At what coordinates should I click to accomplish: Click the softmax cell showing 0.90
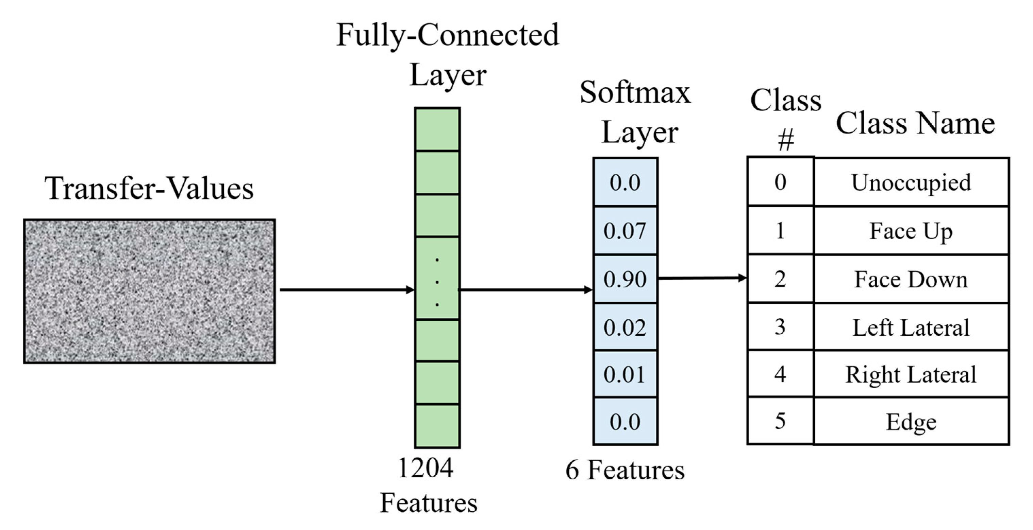pyautogui.click(x=625, y=279)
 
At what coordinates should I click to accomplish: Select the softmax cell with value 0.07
pyautogui.click(x=625, y=231)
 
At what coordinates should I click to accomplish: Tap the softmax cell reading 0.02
pyautogui.click(x=625, y=327)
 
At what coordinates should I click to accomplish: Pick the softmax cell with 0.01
pyautogui.click(x=625, y=374)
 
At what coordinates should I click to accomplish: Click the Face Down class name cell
pyautogui.click(x=911, y=279)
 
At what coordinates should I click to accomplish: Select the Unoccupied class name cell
pyautogui.click(x=911, y=182)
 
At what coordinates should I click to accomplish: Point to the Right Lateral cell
pyautogui.click(x=911, y=374)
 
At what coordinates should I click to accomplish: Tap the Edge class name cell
pyautogui.click(x=911, y=421)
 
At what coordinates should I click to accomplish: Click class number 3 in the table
pyautogui.click(x=780, y=326)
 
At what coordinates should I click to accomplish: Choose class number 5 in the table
pyautogui.click(x=780, y=421)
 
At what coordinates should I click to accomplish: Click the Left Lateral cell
pyautogui.click(x=911, y=327)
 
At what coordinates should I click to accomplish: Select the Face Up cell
pyautogui.click(x=911, y=231)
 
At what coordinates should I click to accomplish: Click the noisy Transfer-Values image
pyautogui.click(x=149, y=291)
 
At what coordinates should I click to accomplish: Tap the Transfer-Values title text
pyautogui.click(x=149, y=188)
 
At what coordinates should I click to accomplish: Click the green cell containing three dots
pyautogui.click(x=437, y=279)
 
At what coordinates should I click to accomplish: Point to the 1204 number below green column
pyautogui.click(x=426, y=467)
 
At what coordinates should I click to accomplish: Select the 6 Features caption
pyautogui.click(x=625, y=470)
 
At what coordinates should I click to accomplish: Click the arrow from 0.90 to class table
pyautogui.click(x=702, y=278)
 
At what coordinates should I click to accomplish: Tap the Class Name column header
pyautogui.click(x=915, y=123)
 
